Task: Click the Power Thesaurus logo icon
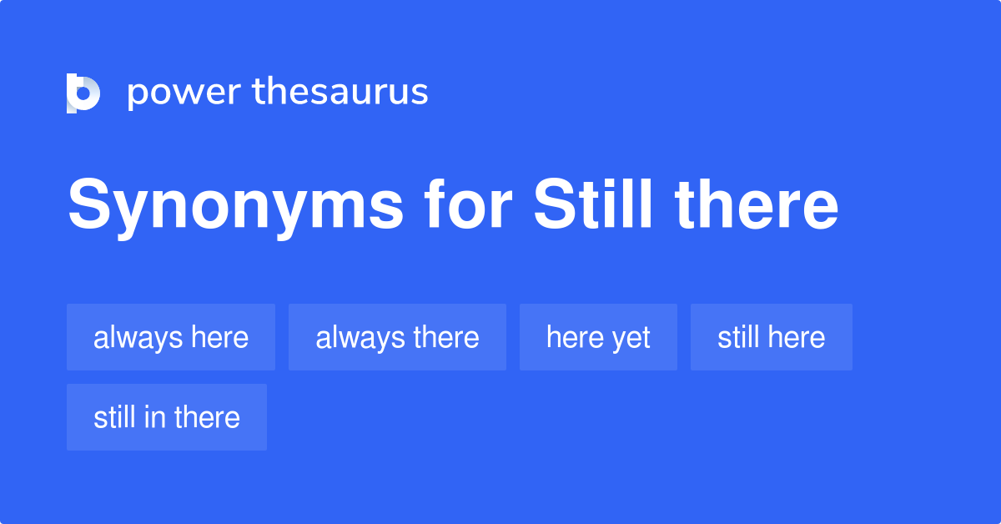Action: coord(83,93)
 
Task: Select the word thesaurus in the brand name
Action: coord(340,92)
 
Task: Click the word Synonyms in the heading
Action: coord(234,207)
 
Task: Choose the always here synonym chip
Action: coord(171,337)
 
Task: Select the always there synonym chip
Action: coord(397,337)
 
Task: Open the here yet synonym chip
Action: coord(598,337)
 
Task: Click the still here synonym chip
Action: coord(772,337)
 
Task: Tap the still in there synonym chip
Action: coord(167,417)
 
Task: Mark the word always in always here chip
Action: coord(138,337)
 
